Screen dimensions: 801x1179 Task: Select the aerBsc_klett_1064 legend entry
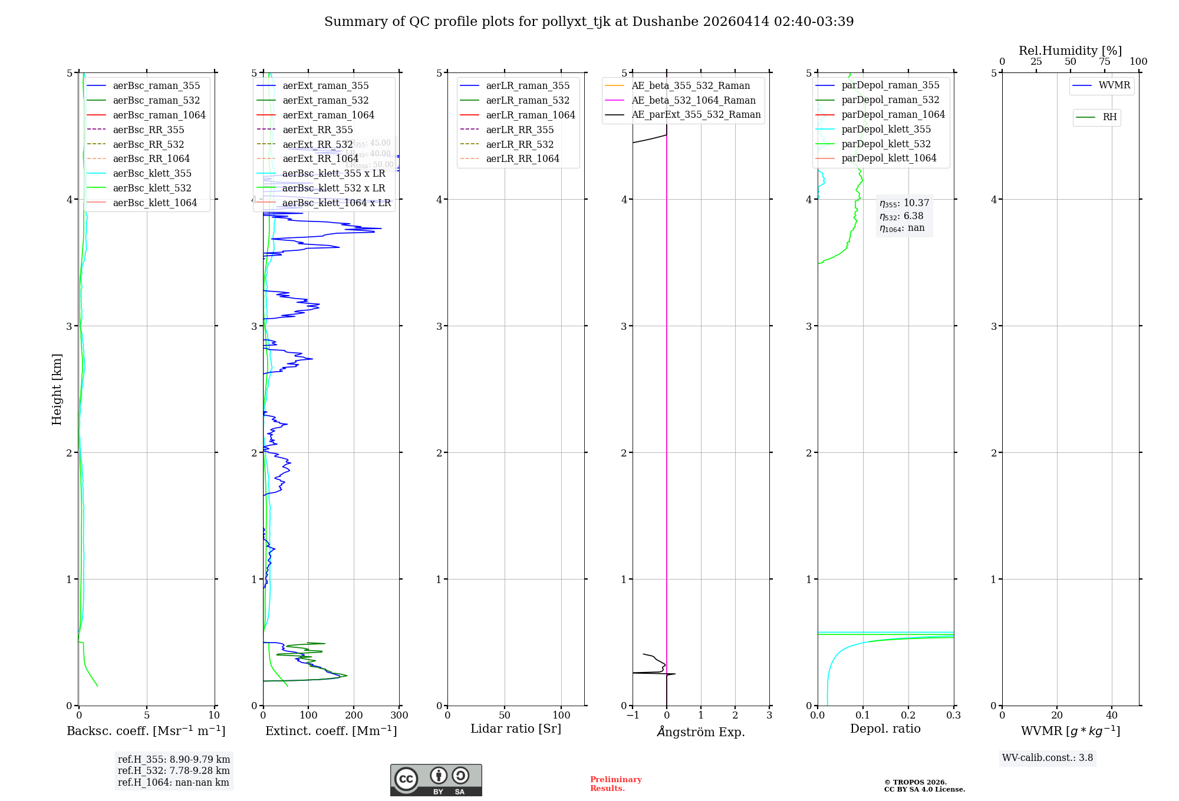tap(154, 203)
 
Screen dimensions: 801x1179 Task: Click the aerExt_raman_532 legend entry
tap(325, 100)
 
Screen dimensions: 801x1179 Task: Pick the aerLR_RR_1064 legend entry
tap(522, 158)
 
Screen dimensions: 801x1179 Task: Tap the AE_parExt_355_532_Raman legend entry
tap(696, 114)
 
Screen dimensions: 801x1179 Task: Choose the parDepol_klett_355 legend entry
tap(886, 129)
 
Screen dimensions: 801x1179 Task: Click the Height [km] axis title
tap(57, 389)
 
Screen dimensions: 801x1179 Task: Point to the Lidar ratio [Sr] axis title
tap(516, 729)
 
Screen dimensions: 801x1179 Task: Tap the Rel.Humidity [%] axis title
tap(1070, 51)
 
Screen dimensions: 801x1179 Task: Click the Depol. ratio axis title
tap(885, 729)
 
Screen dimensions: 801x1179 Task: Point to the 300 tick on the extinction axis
tap(399, 716)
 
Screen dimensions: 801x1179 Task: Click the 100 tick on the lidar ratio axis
tap(561, 716)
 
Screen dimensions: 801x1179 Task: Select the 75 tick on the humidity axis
tap(1104, 62)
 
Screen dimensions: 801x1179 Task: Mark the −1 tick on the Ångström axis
tap(633, 716)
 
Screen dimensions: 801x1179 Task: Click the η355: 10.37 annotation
tap(904, 203)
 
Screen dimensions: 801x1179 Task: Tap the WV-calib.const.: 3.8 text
tap(1048, 758)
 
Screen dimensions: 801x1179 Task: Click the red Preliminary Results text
tap(615, 784)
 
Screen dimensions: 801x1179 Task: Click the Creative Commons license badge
tap(436, 780)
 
